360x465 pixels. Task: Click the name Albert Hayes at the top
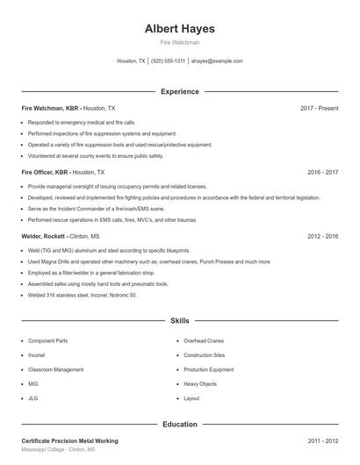(179, 28)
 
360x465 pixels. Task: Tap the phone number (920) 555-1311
(168, 61)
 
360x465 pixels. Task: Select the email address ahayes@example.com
(217, 61)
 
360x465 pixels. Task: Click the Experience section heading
(179, 91)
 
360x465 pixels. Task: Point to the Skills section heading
(179, 322)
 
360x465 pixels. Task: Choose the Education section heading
(179, 424)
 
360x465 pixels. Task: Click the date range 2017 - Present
(319, 108)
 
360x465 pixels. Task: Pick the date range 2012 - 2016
(322, 237)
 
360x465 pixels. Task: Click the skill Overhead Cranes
(204, 340)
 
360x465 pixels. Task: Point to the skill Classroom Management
(55, 369)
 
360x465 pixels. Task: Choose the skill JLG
(33, 398)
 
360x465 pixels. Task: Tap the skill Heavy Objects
(201, 384)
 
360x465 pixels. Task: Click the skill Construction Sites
(204, 355)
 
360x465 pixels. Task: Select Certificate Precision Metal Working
(69, 440)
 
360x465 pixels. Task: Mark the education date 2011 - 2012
(322, 440)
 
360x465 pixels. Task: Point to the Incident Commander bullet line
(96, 208)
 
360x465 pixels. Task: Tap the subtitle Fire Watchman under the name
(179, 42)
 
